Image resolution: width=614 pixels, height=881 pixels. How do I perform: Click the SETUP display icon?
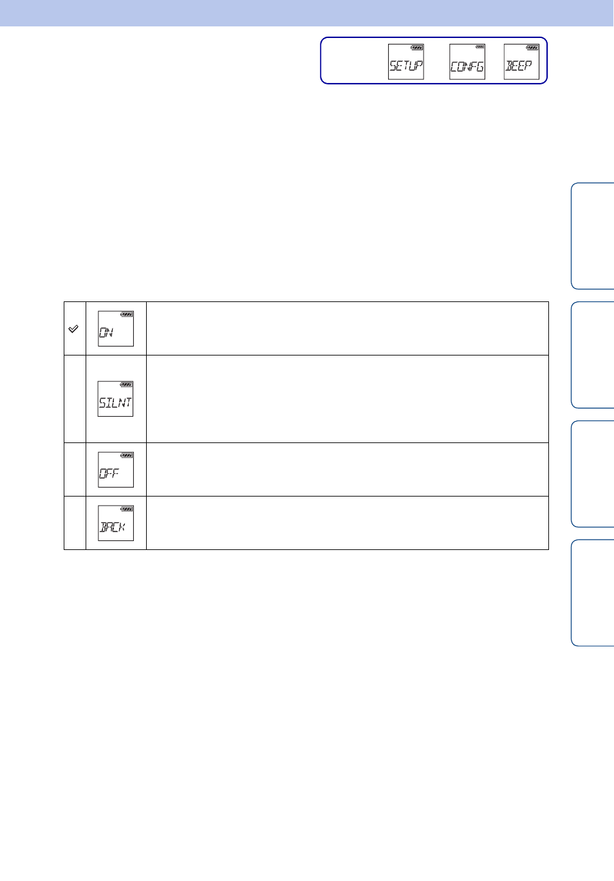point(406,62)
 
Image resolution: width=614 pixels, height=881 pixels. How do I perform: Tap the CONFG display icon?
point(467,62)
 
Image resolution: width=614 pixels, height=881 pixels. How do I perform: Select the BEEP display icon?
point(521,62)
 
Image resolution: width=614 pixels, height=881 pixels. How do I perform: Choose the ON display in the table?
point(116,328)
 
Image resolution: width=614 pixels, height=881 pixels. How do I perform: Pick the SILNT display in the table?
point(116,399)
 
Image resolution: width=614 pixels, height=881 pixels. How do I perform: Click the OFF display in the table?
point(116,469)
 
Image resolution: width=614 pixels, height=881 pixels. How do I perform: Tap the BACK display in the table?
point(116,523)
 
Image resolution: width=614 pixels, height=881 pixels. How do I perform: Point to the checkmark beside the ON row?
point(73,329)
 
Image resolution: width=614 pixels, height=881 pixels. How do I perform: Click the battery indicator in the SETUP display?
point(417,48)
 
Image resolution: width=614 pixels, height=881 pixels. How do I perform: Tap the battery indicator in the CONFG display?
point(480,47)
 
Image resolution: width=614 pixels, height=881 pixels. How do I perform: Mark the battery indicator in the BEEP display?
point(533,48)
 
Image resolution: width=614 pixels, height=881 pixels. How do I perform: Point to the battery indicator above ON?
point(127,314)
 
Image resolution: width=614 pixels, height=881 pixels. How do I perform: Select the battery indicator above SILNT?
point(126,384)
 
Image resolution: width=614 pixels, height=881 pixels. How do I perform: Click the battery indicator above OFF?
point(127,455)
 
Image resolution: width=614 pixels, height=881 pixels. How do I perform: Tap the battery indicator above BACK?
point(127,509)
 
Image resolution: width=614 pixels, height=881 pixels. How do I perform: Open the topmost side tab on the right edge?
point(593,236)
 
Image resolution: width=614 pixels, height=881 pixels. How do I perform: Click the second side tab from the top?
point(593,355)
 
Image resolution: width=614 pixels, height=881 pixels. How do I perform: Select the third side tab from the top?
point(593,473)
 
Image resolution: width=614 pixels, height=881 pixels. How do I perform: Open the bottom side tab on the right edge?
point(593,592)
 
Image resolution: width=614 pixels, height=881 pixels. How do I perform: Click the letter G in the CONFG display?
point(479,67)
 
